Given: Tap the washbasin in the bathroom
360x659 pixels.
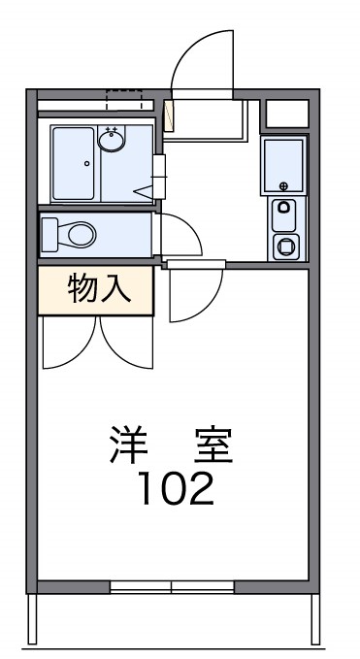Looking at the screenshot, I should (x=113, y=142).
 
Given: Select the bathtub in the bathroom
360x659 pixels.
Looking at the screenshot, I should (x=73, y=162).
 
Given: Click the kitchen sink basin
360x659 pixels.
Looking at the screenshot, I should (x=283, y=165).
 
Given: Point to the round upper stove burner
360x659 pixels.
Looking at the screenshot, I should (x=284, y=206).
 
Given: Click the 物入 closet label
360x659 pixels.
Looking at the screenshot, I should (x=96, y=290).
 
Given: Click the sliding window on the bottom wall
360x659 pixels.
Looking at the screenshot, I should (x=172, y=586).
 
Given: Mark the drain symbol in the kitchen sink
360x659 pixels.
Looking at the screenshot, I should (x=284, y=184).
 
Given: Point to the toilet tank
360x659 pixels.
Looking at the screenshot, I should (x=49, y=234).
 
